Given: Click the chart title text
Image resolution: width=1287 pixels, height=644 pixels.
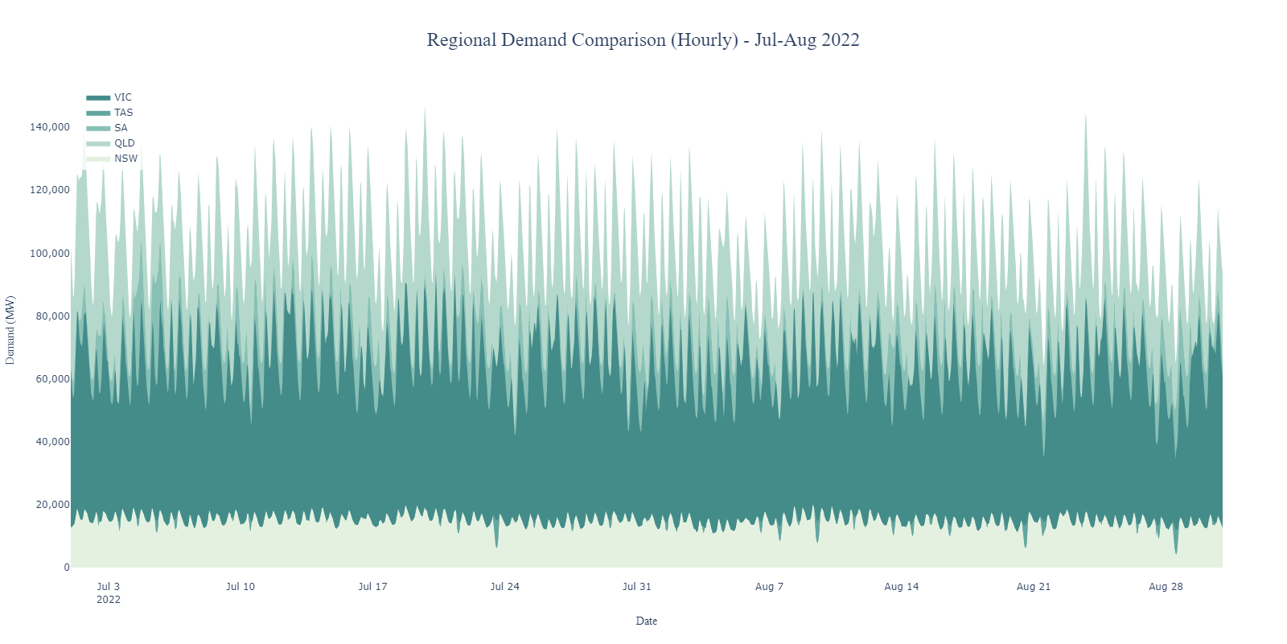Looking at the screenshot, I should tap(643, 40).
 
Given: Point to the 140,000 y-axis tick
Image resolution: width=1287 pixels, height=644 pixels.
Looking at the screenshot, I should tap(50, 127).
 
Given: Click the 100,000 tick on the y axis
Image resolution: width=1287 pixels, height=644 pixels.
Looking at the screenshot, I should tap(50, 254).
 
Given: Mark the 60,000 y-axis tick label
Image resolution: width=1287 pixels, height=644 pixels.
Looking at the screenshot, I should tap(52, 379).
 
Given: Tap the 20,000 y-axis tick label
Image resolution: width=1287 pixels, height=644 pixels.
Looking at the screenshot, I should tap(52, 505).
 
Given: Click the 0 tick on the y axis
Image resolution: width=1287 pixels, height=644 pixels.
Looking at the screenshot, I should tap(67, 568).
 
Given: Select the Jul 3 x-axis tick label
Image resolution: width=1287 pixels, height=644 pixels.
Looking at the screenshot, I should tap(108, 587).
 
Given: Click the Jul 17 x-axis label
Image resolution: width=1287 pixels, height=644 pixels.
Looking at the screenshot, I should tap(372, 587).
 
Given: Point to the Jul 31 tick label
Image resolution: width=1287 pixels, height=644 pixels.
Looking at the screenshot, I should tap(636, 587).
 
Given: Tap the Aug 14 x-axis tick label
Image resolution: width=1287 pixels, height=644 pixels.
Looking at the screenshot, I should tap(901, 587).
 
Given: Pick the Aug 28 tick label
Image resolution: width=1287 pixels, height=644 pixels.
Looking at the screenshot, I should tap(1166, 587).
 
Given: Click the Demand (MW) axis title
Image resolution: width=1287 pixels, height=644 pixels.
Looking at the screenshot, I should tap(10, 330).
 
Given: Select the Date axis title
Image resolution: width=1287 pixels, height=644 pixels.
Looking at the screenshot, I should tap(646, 621).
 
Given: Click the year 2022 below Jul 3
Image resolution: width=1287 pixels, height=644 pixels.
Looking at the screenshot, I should tap(108, 600).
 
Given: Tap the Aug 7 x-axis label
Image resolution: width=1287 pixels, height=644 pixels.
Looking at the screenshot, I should tap(769, 587).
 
